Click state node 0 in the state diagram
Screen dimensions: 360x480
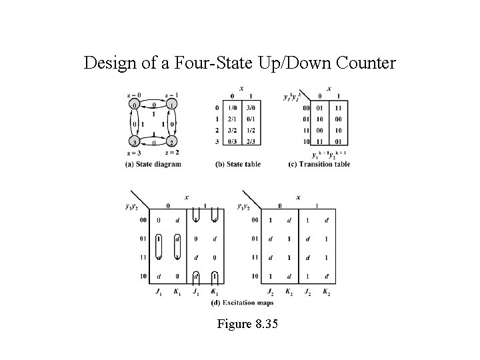point(134,106)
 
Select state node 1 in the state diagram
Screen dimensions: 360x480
point(171,106)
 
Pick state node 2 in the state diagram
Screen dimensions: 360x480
point(171,142)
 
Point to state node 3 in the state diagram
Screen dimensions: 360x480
point(134,142)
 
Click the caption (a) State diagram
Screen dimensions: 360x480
point(153,164)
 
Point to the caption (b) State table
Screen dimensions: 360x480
point(239,164)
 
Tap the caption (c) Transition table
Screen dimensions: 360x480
point(319,164)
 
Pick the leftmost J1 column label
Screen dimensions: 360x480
point(158,291)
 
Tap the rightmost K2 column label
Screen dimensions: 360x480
point(326,291)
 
